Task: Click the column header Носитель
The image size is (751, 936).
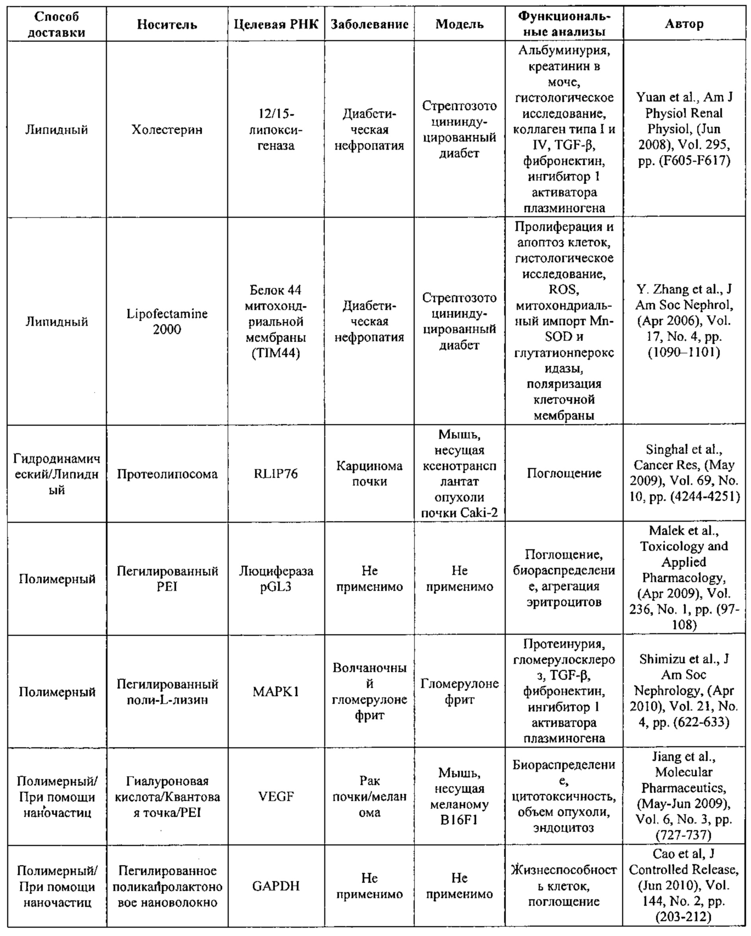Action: pos(167,24)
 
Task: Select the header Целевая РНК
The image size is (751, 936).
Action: pos(276,24)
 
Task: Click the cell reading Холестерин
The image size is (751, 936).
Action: pos(167,129)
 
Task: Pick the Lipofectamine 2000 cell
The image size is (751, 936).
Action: pos(167,321)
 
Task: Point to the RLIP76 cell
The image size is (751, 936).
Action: pos(276,473)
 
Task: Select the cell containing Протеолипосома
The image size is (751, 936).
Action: pos(167,474)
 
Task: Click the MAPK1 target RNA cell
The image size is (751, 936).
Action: pos(276,691)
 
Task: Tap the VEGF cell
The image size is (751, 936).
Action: pos(276,796)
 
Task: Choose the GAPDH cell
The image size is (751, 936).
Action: pos(276,886)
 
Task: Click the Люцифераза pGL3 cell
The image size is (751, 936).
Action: pos(276,579)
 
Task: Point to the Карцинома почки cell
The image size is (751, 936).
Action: pos(369,473)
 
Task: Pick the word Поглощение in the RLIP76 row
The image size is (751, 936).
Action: pos(563,473)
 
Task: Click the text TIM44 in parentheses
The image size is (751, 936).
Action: pos(276,353)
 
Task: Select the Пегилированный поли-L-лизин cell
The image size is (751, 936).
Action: pos(167,691)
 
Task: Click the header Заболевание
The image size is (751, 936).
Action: pos(369,24)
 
